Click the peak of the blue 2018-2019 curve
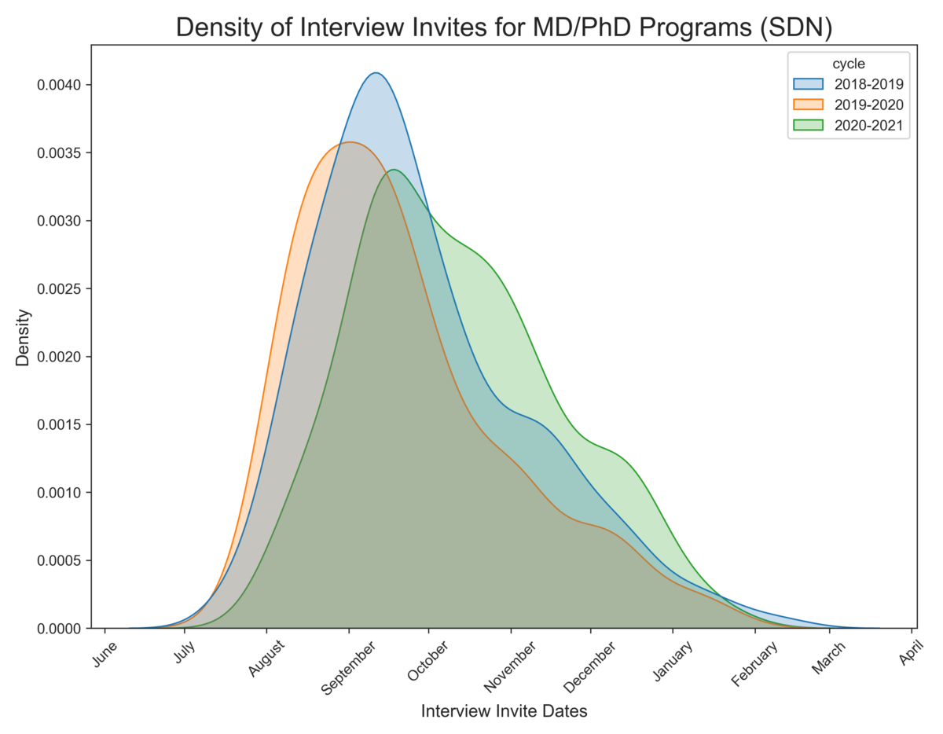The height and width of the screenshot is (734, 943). point(376,73)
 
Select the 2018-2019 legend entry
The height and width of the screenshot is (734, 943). point(847,84)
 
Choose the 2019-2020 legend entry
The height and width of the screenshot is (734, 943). point(847,105)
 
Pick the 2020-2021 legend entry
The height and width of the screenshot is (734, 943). point(847,125)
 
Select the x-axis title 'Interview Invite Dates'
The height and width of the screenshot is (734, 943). point(505,711)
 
